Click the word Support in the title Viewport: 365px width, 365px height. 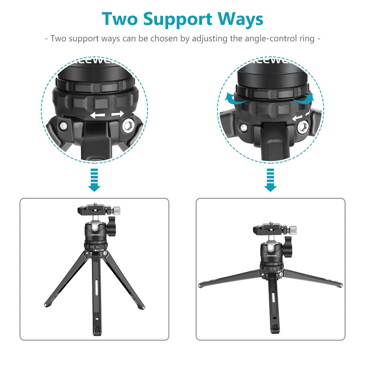point(178,20)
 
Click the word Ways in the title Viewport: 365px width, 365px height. point(240,20)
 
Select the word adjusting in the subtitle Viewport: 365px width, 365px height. point(210,38)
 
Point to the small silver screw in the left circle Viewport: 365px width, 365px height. point(63,126)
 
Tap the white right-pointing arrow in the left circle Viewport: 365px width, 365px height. point(118,114)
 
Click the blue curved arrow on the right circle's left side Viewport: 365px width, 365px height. point(234,98)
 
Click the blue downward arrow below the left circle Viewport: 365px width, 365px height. point(94,180)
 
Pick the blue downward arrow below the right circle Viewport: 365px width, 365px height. point(271,180)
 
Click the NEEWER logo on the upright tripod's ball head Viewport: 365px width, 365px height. point(96,235)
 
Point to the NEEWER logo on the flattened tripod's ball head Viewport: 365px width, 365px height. point(272,256)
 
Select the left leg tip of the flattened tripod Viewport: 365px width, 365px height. point(200,286)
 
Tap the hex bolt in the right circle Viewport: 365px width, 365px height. point(303,127)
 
